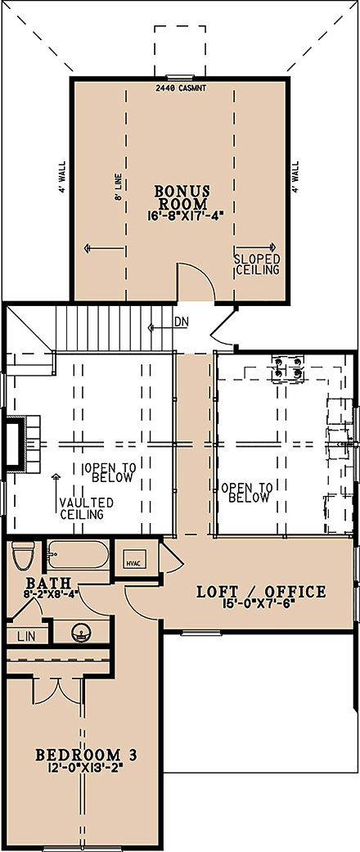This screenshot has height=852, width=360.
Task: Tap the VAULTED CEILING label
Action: (x=86, y=508)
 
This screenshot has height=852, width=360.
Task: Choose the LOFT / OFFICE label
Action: (x=261, y=592)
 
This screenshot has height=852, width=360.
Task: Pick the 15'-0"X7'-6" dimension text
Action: (x=261, y=606)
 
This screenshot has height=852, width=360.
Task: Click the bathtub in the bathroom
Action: (x=78, y=556)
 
